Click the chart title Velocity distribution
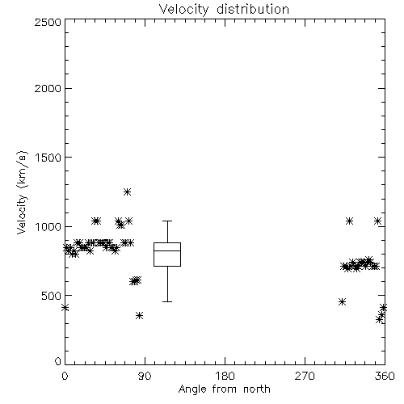point(224,9)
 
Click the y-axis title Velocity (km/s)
point(22,192)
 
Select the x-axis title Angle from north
point(224,389)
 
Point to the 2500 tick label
point(48,22)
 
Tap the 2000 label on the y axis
point(48,88)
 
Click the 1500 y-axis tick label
point(48,158)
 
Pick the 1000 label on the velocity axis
point(48,226)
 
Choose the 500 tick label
point(52,296)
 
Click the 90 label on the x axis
point(145,376)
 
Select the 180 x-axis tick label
point(225,376)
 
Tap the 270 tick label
point(305,376)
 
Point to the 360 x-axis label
point(385,376)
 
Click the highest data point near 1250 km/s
point(127,192)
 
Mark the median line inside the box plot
point(167,250)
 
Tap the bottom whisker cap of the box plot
point(167,301)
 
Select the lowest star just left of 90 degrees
point(139,315)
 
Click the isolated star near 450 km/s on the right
point(342,302)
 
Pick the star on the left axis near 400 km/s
point(65,308)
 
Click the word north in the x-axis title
point(257,389)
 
